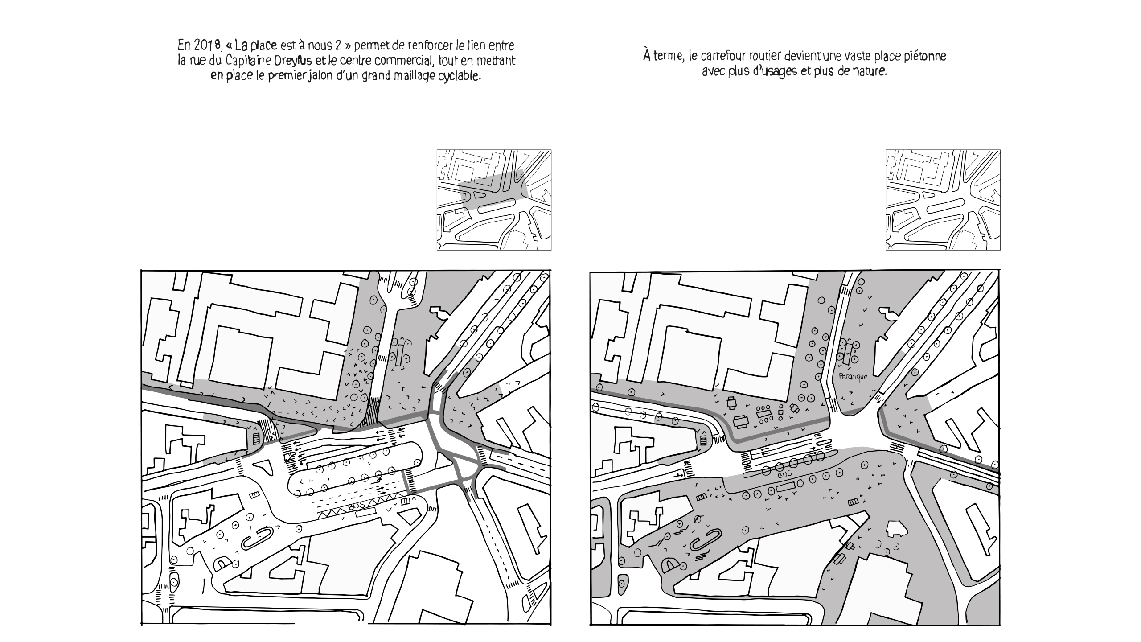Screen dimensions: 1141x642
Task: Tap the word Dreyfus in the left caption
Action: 294,60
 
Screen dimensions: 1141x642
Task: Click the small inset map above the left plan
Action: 494,200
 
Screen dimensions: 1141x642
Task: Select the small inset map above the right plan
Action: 943,200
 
